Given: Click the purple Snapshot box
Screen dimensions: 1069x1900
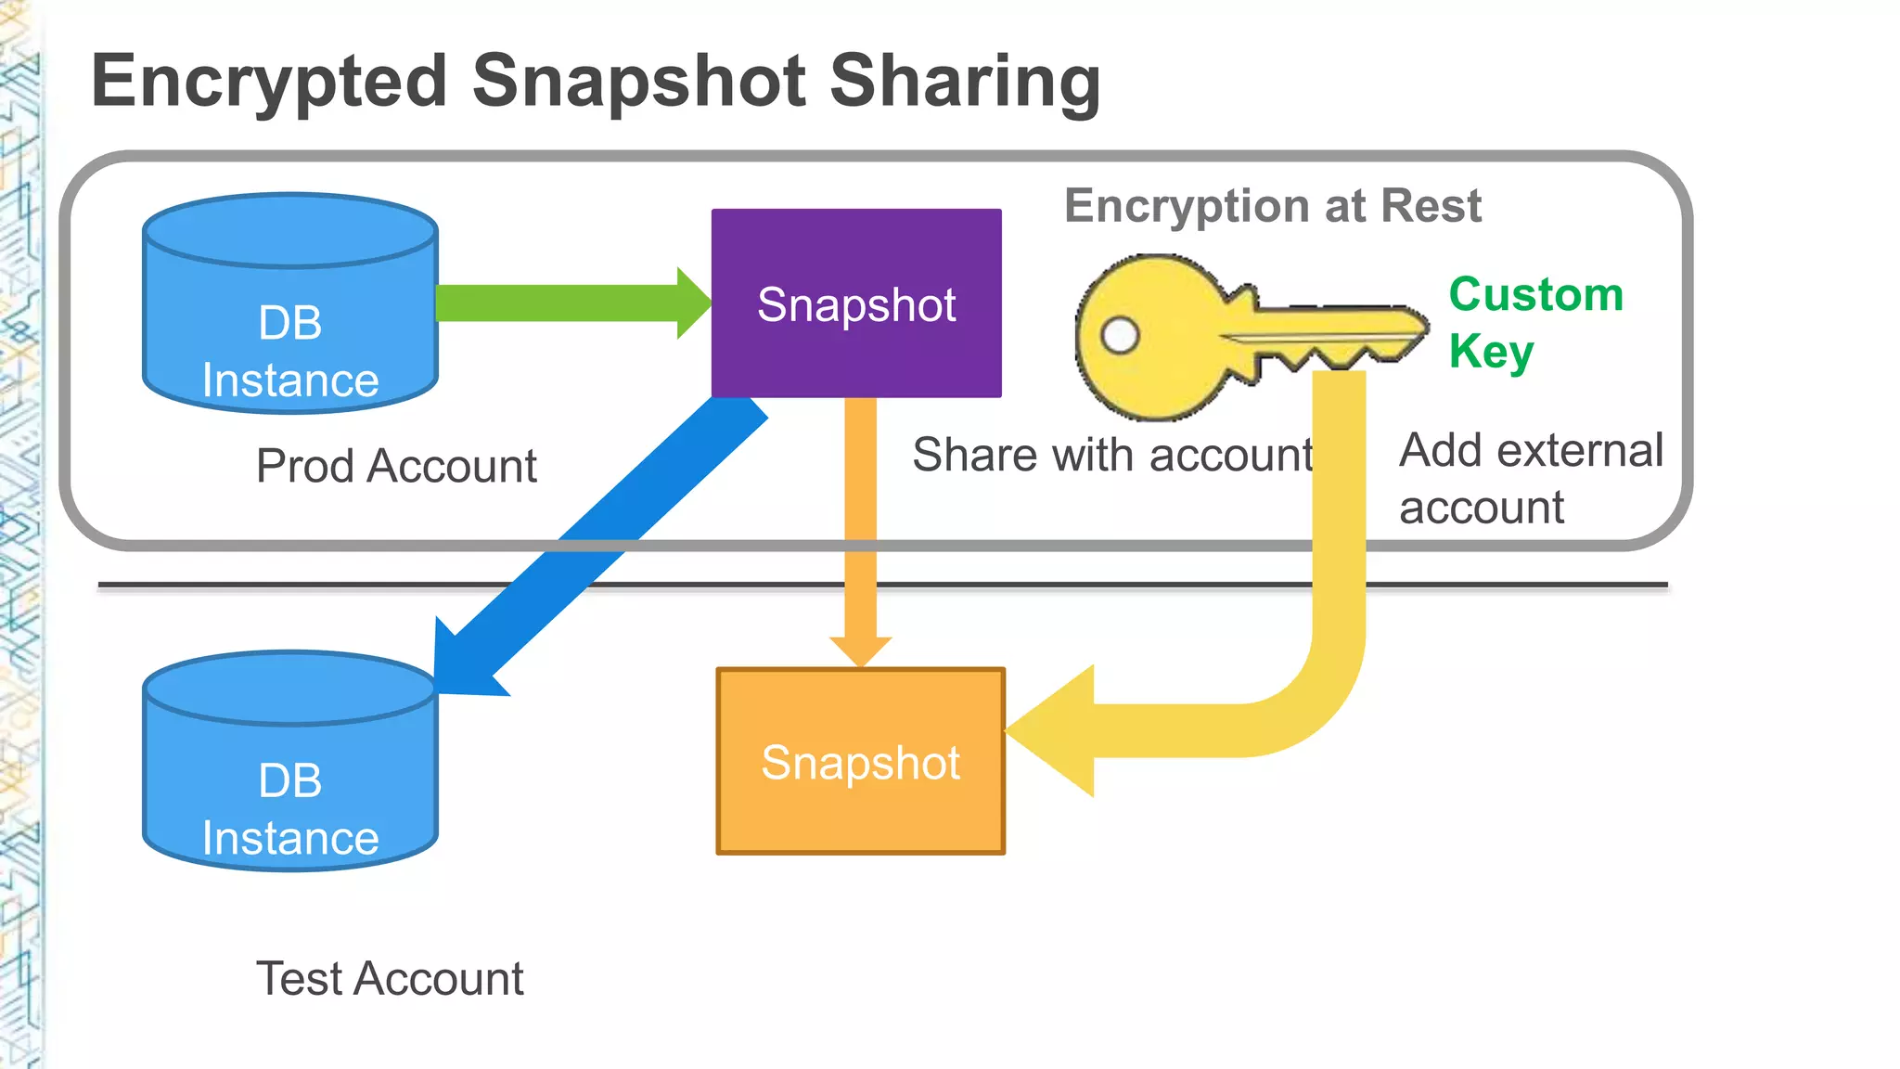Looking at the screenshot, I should [x=855, y=303].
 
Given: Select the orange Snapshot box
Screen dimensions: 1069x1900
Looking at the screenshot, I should [x=860, y=761].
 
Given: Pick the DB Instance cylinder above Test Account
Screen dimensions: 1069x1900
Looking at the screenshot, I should [x=290, y=761].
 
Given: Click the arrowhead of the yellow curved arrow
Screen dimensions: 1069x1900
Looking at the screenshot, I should [x=1054, y=731].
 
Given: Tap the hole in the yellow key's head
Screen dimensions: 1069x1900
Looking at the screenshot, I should [x=1120, y=335].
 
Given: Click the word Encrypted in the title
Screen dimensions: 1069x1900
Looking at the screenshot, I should [x=270, y=82].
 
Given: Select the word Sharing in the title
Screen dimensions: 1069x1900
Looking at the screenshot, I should [x=965, y=82].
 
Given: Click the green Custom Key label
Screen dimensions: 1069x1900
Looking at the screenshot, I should [x=1535, y=322].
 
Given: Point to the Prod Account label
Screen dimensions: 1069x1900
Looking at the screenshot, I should [x=396, y=466].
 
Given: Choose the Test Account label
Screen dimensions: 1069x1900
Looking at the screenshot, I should [x=390, y=979].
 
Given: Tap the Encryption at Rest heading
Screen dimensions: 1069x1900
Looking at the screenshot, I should [x=1272, y=206].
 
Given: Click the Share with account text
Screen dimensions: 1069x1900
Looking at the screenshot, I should [x=1112, y=455].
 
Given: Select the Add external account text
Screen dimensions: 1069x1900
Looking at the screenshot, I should [x=1531, y=478].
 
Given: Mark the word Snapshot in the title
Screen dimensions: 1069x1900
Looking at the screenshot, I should [x=639, y=82].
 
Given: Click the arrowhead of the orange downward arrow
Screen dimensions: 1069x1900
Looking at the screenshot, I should [x=860, y=650].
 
